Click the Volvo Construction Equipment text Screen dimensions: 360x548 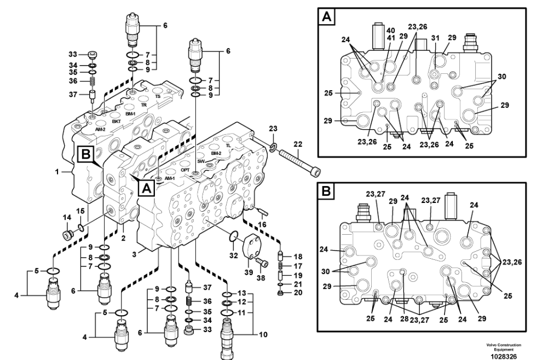click(504, 346)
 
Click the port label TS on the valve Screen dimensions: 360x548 click(158, 97)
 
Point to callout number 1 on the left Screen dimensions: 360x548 click(56, 171)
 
